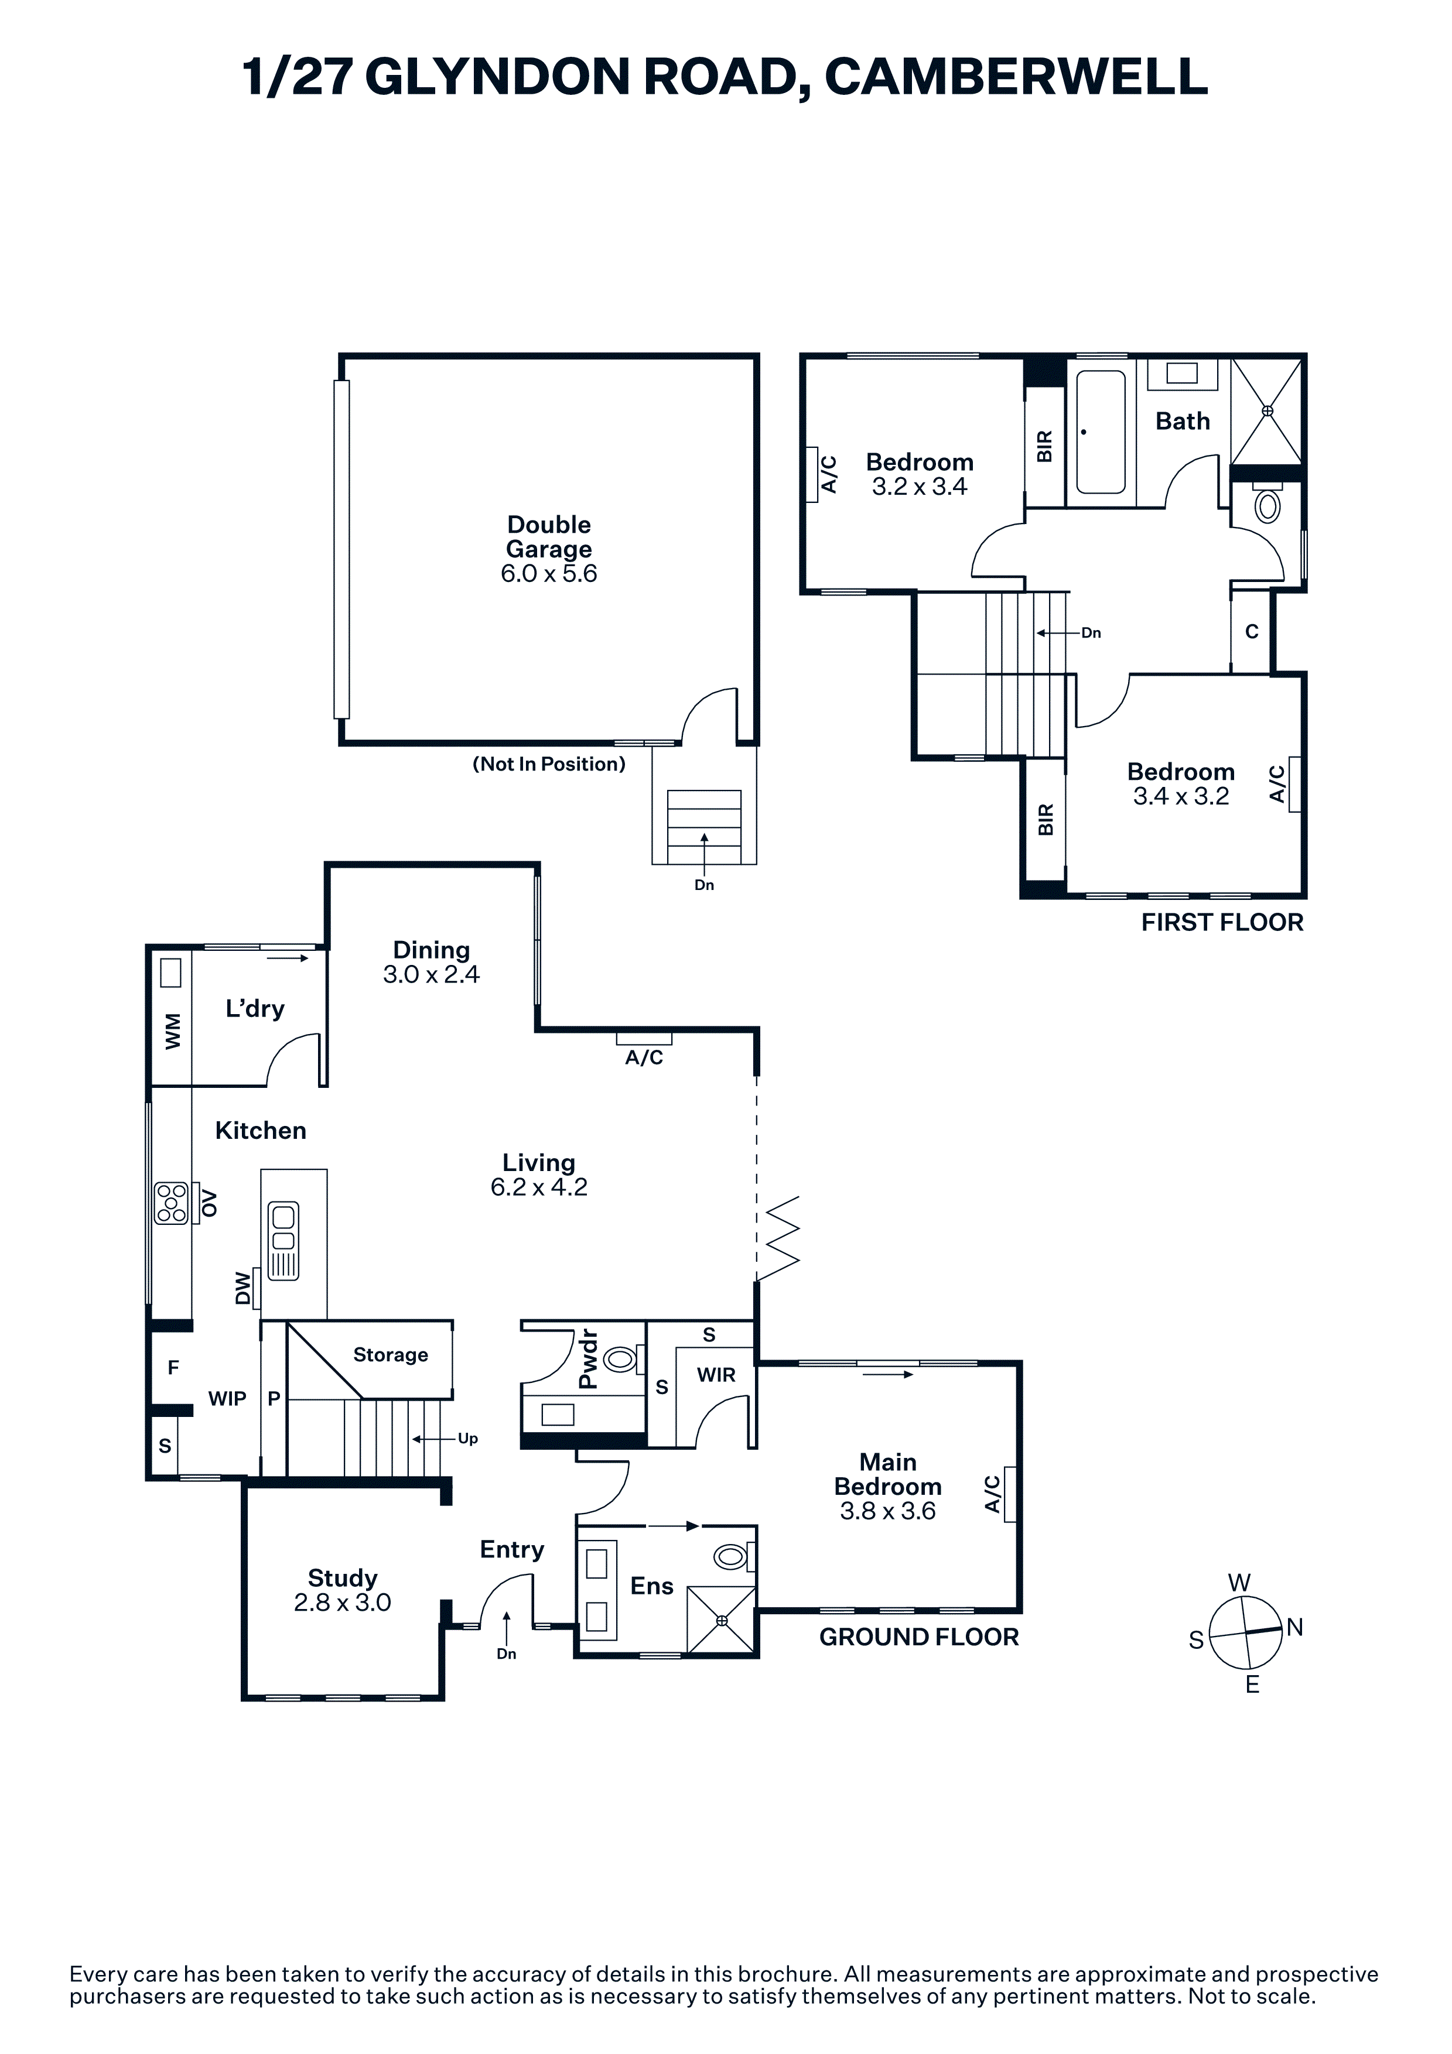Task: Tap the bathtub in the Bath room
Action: [1101, 432]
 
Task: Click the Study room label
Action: [343, 1577]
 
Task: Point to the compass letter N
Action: [1294, 1627]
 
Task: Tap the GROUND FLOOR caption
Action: [919, 1637]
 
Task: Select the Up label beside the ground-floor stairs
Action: [468, 1439]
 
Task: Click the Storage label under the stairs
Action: [390, 1354]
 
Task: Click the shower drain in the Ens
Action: [722, 1620]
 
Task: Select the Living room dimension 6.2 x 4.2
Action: [539, 1186]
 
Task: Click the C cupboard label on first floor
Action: [1252, 632]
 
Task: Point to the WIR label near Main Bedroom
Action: [716, 1375]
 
